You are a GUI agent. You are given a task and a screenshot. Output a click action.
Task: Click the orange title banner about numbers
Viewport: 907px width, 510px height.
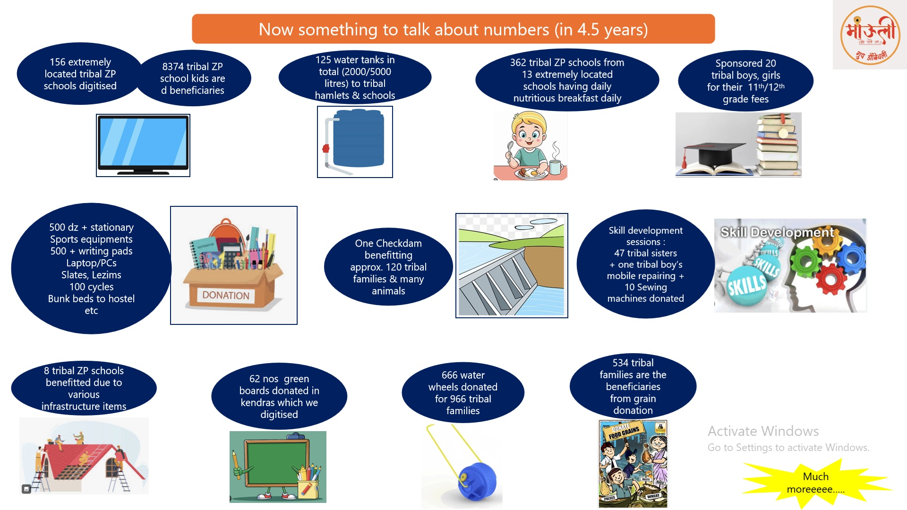453,29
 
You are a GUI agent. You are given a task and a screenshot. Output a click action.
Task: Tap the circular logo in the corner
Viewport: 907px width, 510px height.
870,35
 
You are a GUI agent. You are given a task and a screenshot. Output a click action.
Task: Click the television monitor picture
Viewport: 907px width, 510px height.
143,145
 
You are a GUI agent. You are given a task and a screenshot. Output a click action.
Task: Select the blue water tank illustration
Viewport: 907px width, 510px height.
358,138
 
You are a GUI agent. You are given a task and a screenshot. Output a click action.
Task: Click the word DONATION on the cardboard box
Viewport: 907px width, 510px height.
226,296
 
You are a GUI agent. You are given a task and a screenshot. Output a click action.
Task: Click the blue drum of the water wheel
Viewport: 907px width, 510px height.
477,482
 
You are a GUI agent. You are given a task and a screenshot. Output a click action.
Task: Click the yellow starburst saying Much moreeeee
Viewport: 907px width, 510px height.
816,483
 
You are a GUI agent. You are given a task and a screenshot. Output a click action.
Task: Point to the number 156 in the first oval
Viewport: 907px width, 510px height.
58,62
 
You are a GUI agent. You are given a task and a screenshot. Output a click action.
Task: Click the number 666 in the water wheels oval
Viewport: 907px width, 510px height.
450,375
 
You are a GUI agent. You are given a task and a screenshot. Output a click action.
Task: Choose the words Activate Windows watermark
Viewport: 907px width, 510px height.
763,431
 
